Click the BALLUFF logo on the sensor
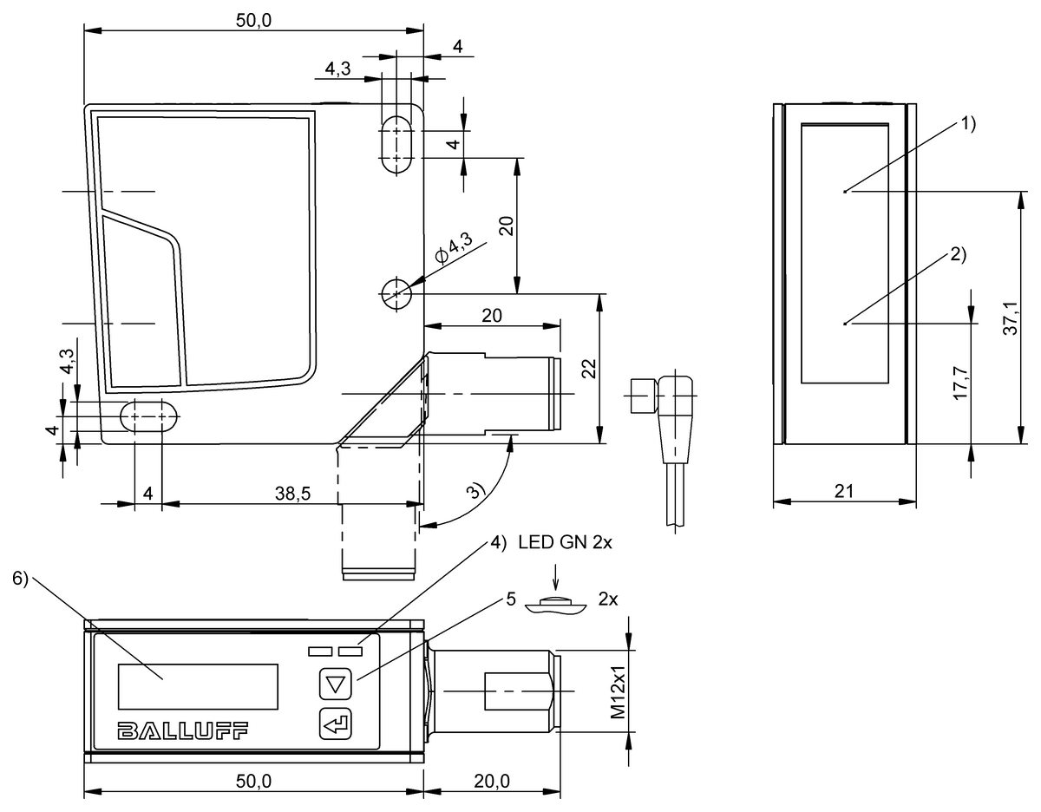tap(181, 730)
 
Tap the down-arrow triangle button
tap(333, 684)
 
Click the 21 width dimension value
tap(844, 491)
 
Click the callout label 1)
tap(967, 123)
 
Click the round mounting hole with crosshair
tap(396, 294)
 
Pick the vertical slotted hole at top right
tap(396, 142)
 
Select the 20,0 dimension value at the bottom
tap(491, 781)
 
